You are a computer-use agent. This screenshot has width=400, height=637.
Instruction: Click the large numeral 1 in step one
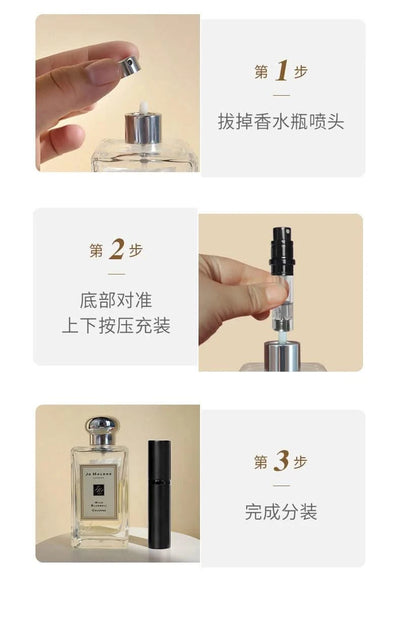click(282, 71)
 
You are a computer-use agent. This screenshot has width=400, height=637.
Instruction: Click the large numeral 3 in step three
click(282, 461)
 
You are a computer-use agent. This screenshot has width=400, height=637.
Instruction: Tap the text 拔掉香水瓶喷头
click(281, 122)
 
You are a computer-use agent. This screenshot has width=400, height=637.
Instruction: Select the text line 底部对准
click(116, 299)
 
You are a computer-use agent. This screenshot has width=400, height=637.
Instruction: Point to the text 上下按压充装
click(116, 326)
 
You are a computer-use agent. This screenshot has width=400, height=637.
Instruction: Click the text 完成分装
click(281, 512)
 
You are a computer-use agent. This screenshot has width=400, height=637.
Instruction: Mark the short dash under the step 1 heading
click(281, 96)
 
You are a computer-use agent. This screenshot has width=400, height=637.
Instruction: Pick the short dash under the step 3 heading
click(281, 486)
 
